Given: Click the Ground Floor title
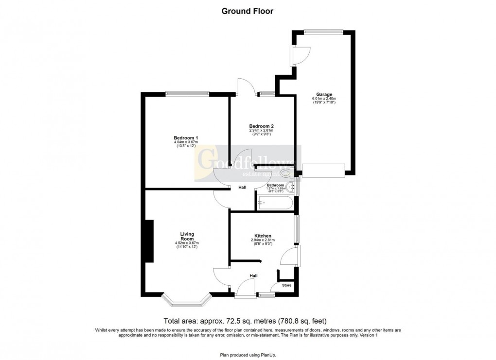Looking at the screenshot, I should tap(248, 11).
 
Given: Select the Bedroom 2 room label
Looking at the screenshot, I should tap(262, 126).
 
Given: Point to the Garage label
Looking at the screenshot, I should tap(324, 94).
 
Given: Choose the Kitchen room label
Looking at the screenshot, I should tap(262, 236).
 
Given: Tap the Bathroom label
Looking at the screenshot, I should tap(275, 185).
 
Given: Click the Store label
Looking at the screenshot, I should tap(287, 285).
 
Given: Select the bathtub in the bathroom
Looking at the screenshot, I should tap(275, 203).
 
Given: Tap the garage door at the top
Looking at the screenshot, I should tap(323, 32).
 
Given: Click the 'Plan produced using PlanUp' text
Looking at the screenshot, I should tap(248, 355).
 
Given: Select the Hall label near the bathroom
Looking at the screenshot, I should tap(242, 187).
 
